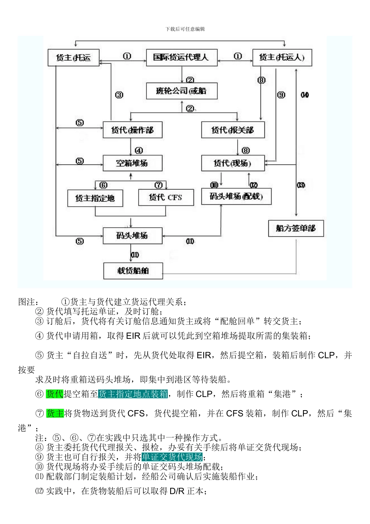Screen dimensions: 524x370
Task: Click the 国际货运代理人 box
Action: click(181, 58)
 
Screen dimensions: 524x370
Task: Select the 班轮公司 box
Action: click(181, 91)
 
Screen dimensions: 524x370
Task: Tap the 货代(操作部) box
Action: click(132, 130)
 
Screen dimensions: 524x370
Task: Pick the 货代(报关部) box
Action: click(233, 130)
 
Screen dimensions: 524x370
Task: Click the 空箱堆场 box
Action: click(132, 163)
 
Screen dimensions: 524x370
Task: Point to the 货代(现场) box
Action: click(233, 163)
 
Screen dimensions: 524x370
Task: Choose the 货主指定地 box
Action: click(95, 198)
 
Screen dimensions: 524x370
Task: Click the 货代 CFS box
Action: click(166, 197)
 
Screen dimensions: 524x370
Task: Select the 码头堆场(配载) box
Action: click(236, 196)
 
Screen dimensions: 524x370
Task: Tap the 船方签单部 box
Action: click(296, 228)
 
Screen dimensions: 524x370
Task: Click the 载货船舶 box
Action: click(133, 271)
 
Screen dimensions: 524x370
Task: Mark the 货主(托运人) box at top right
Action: click(282, 58)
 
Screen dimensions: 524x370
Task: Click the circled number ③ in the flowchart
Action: click(119, 95)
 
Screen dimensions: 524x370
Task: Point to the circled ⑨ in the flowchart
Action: click(281, 95)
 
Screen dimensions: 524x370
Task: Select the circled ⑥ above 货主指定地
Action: click(104, 185)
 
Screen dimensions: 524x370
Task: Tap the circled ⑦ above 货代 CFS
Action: click(159, 185)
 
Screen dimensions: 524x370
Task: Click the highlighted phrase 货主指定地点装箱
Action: click(133, 394)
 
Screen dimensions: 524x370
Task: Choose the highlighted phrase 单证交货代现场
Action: click(172, 457)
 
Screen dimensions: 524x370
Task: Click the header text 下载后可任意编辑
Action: click(185, 29)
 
